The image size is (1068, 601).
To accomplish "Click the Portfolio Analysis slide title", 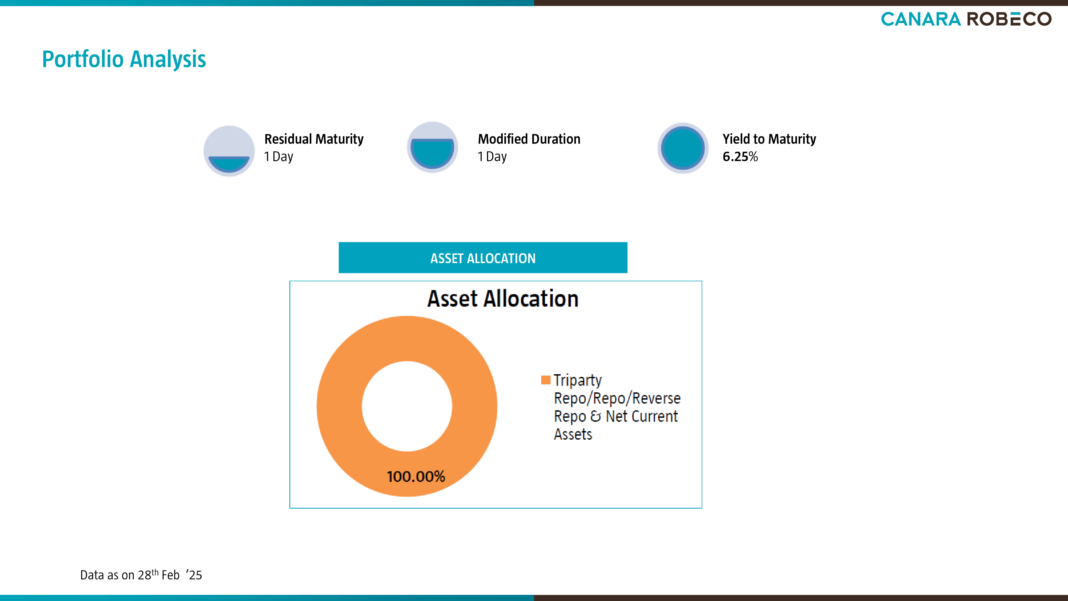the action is [124, 59].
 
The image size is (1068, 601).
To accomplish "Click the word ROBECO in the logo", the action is [1009, 19].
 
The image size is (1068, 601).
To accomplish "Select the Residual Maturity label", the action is [314, 139].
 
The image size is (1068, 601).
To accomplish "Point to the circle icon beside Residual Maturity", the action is [229, 151].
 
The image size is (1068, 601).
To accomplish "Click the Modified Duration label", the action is [529, 139].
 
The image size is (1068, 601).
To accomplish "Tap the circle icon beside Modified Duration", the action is [433, 147].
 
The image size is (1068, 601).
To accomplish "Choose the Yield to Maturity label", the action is [769, 139].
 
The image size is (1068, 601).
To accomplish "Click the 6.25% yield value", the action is [740, 157].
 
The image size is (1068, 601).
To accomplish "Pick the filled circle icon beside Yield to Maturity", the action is [683, 148].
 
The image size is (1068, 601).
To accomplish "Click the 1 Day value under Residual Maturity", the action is [278, 157].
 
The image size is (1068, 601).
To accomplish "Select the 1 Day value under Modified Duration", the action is [492, 157].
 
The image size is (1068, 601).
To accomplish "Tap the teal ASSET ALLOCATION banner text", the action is [483, 258].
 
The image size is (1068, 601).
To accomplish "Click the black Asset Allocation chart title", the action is [503, 299].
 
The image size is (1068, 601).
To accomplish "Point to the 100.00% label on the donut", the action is [416, 477].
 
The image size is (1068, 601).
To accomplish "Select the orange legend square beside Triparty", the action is [545, 380].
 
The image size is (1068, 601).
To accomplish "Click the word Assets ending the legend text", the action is [573, 434].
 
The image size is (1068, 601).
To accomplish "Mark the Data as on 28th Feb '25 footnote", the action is [141, 575].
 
